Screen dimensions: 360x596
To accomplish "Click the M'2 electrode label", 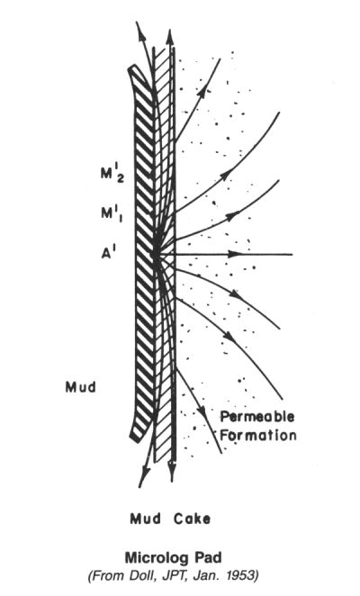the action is point(112,175).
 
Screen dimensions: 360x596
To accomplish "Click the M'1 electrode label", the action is point(112,214).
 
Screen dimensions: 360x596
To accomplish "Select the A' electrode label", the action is point(109,253).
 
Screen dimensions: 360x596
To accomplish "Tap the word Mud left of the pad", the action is point(81,387).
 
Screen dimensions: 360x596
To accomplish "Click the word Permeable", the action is point(257,417).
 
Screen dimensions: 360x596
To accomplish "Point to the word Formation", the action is point(258,435).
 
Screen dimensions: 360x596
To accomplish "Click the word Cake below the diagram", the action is point(192,519).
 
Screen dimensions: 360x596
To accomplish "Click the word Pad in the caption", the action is point(208,557).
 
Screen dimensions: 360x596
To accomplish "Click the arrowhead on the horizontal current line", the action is point(236,254).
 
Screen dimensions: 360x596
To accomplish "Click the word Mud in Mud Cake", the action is point(145,519).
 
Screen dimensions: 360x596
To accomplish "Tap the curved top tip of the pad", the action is point(131,68).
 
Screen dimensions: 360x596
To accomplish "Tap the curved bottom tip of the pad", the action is point(134,438).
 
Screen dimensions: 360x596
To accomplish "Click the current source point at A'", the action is point(156,254).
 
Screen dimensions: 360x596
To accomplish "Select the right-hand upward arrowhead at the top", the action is point(170,37).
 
